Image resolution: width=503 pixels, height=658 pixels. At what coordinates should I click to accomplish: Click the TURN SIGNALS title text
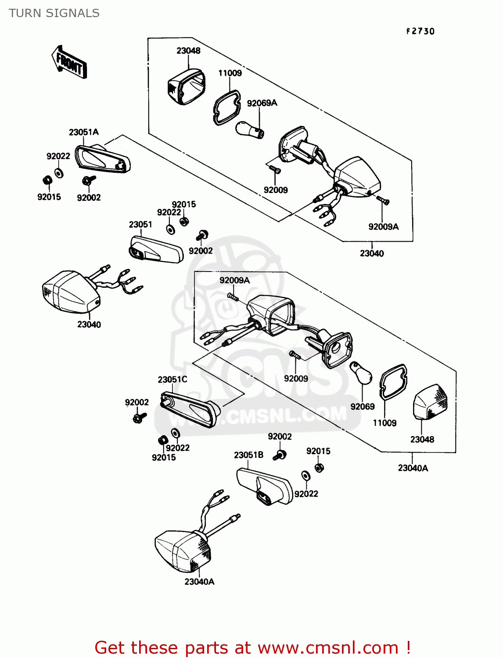[54, 13]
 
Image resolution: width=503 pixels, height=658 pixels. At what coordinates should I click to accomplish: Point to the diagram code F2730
[420, 31]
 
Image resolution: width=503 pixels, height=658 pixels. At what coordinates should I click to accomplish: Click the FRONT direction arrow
[69, 62]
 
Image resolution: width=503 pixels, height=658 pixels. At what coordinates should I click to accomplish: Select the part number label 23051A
[83, 132]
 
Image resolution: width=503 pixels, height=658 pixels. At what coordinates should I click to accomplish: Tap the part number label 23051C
[172, 379]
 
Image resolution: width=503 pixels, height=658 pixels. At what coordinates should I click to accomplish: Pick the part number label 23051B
[248, 455]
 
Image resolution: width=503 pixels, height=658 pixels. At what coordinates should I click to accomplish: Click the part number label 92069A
[262, 103]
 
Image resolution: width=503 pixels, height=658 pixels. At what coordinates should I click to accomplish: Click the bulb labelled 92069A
[249, 130]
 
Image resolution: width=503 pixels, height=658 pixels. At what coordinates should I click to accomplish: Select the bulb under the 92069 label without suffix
[361, 373]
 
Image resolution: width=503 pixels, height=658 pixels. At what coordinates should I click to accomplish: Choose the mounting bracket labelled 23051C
[189, 408]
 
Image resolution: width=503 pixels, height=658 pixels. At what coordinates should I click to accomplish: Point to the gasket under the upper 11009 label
[227, 107]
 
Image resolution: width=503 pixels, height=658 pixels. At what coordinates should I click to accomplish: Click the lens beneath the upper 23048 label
[186, 87]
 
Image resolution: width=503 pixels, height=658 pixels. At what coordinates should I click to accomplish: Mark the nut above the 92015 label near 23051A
[47, 180]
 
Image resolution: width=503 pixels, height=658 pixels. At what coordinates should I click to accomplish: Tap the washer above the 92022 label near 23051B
[305, 476]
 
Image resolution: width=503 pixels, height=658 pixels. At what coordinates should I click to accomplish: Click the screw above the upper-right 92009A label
[383, 201]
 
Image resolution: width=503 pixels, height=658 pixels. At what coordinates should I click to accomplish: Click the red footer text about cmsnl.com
[252, 648]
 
